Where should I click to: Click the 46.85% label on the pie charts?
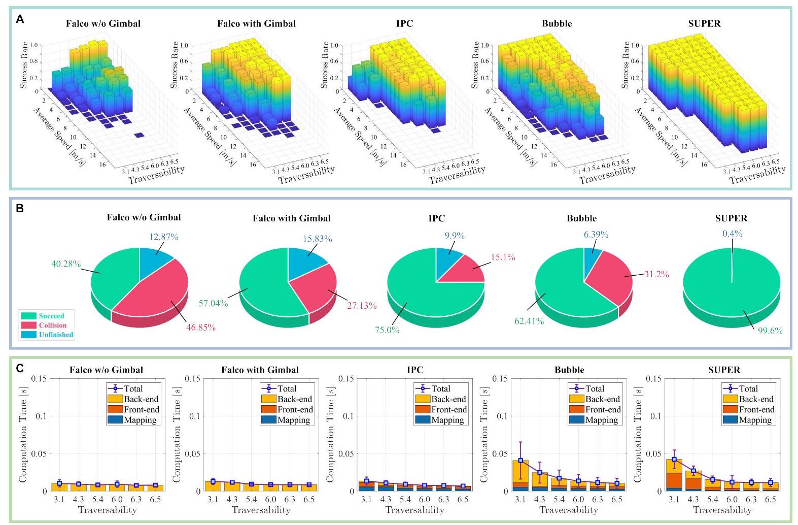tap(201, 327)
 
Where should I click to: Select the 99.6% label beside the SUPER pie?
tap(770, 331)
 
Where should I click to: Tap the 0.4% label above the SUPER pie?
tap(732, 234)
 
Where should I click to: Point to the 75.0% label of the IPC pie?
tap(387, 330)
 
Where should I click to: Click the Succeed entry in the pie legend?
tap(47, 316)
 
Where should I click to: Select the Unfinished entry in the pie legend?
tap(47, 335)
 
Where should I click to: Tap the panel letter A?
tap(20, 19)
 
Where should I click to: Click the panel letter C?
tap(20, 368)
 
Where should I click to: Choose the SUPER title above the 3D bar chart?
tap(704, 24)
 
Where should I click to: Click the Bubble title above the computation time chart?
tap(569, 370)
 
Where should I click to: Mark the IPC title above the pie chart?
tap(436, 218)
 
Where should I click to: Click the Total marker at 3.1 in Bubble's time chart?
tap(521, 461)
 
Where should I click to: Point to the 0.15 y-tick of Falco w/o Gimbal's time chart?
tap(39, 378)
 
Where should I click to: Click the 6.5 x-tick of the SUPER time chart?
tap(770, 499)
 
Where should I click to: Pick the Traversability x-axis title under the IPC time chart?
tap(414, 510)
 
